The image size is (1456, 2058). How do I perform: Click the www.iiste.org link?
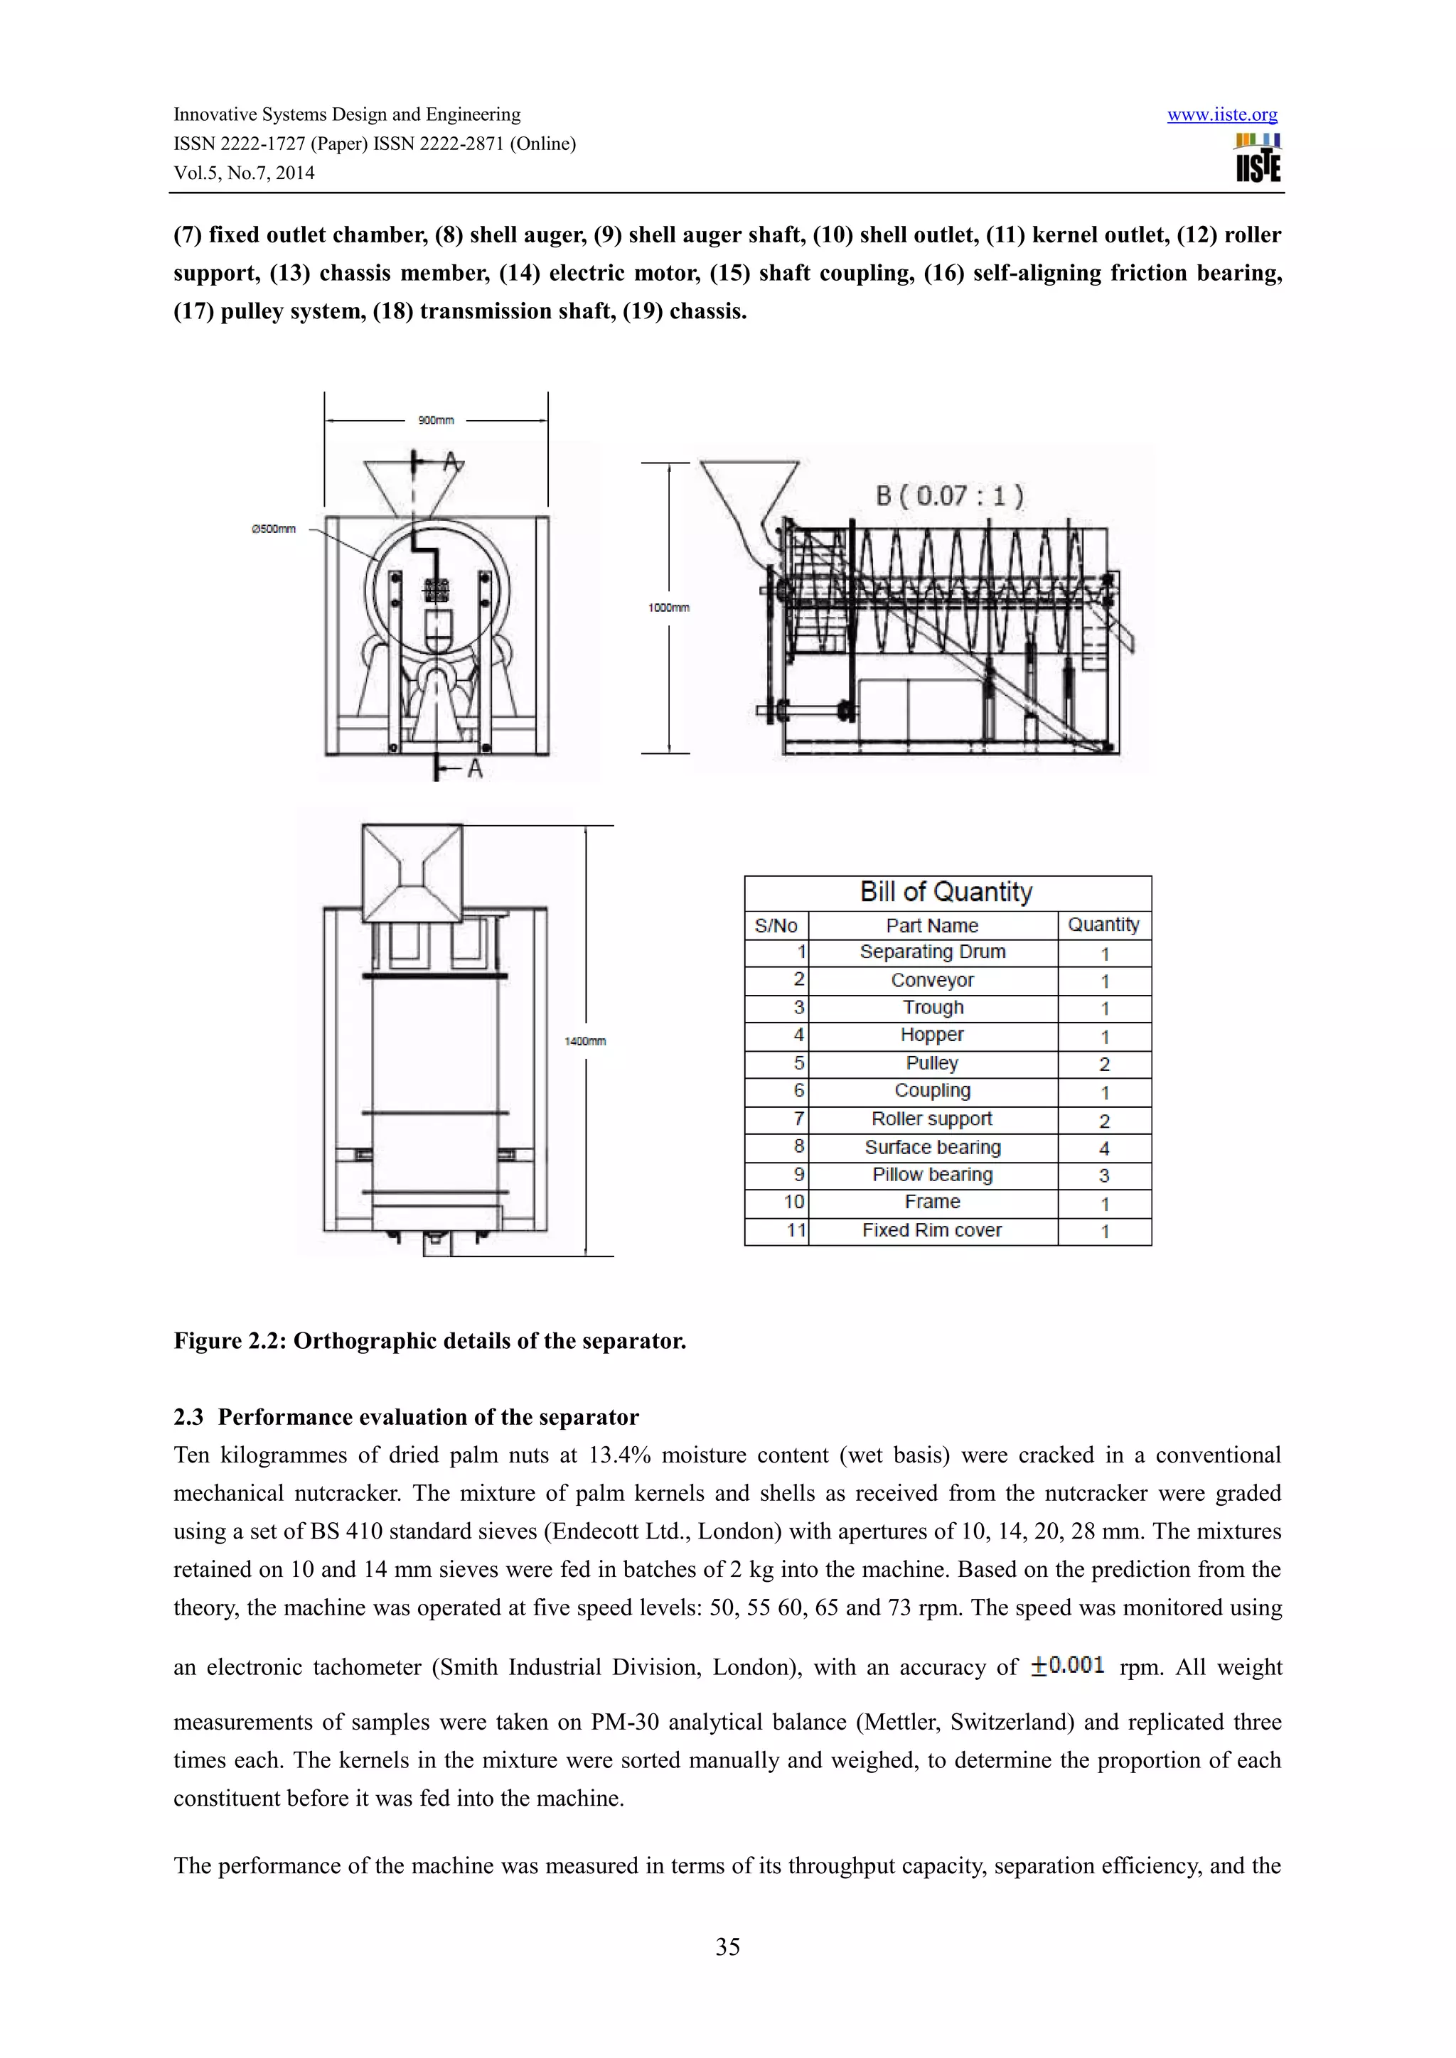pos(1221,114)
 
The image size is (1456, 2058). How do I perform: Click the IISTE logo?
pos(1257,158)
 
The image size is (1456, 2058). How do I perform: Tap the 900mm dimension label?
pos(436,421)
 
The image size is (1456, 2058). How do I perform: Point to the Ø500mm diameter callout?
pos(274,529)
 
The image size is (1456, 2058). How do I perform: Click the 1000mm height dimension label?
pos(668,608)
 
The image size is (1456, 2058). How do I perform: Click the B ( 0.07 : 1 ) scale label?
pos(948,496)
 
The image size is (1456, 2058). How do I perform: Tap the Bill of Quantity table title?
pos(947,892)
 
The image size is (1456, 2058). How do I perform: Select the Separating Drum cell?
pos(933,952)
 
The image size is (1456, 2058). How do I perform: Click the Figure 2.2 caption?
pos(429,1341)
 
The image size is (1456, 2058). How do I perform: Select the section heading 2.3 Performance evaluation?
pos(405,1417)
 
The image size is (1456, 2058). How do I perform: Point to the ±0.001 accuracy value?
pos(1067,1666)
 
